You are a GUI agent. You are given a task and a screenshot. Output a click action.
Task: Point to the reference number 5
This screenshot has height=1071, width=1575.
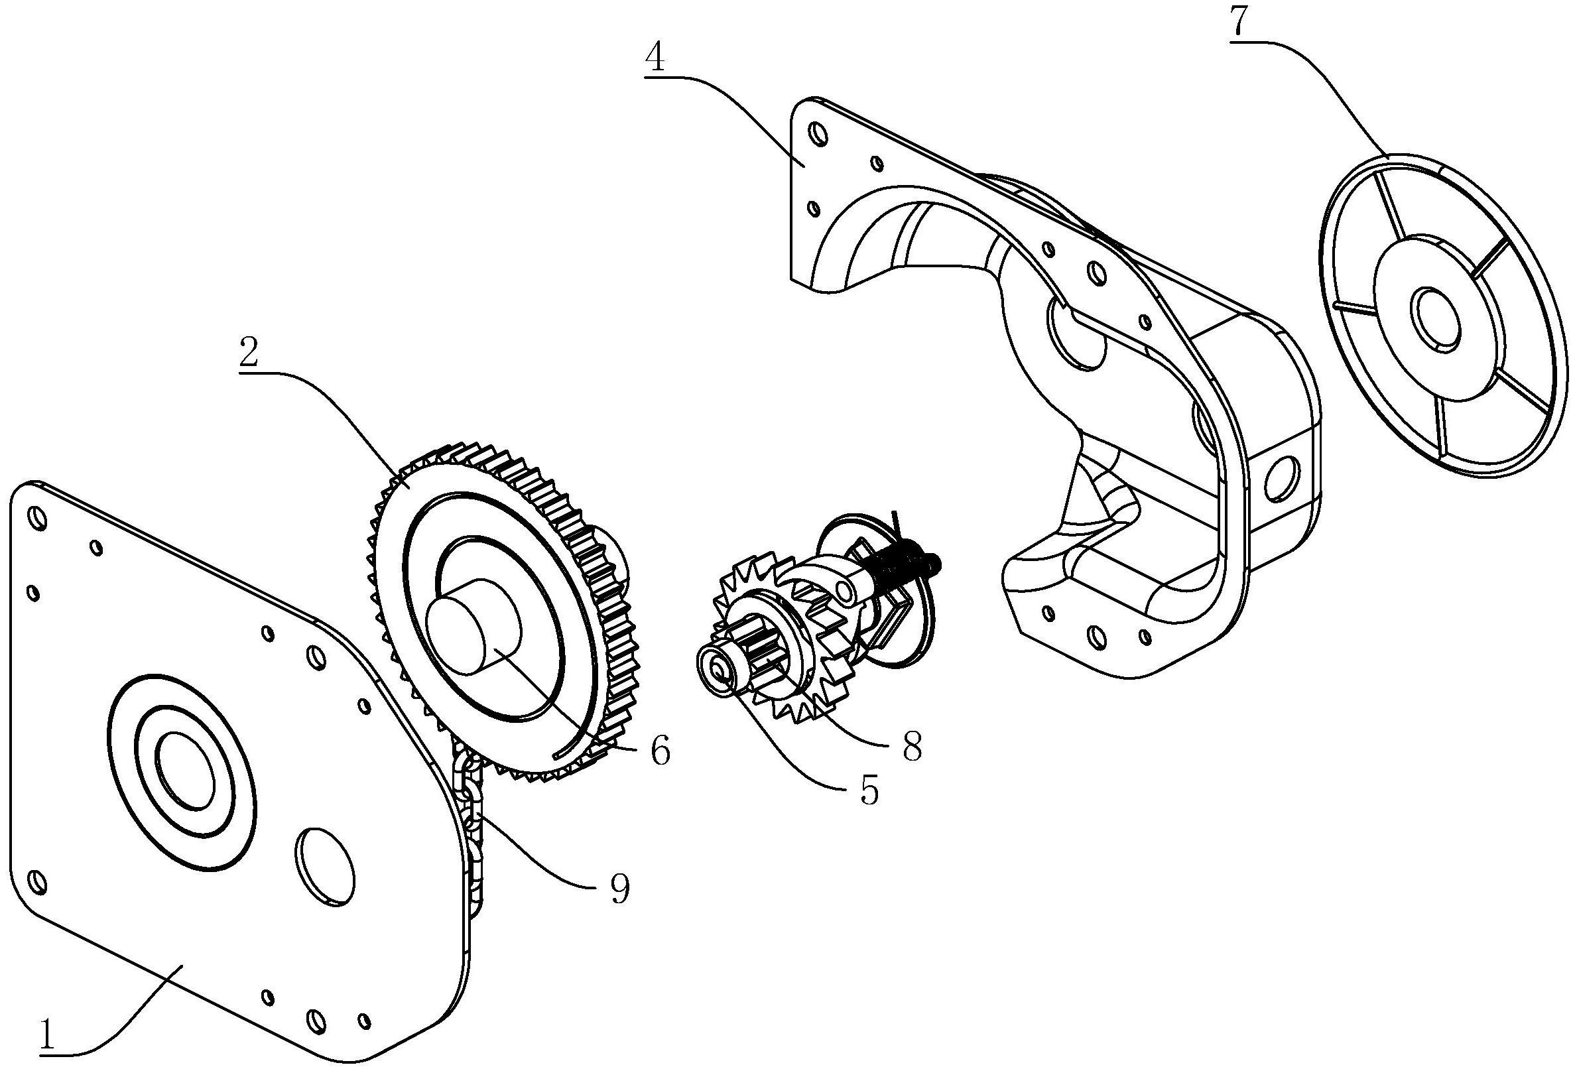[869, 788]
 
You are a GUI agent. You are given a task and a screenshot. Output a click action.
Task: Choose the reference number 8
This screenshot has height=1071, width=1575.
[912, 746]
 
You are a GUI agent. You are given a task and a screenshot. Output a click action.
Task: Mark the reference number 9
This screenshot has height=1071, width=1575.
[619, 889]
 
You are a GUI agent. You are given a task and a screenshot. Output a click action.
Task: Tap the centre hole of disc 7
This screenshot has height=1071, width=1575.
[1434, 319]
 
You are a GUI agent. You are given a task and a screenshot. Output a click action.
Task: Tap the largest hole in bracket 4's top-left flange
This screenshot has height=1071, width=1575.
[818, 135]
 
